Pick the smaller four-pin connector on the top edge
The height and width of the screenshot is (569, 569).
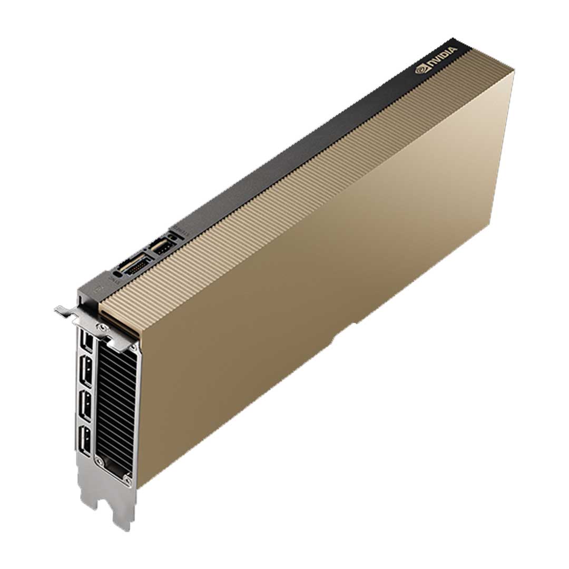click(x=160, y=246)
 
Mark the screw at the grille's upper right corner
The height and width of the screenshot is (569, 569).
click(x=136, y=348)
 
